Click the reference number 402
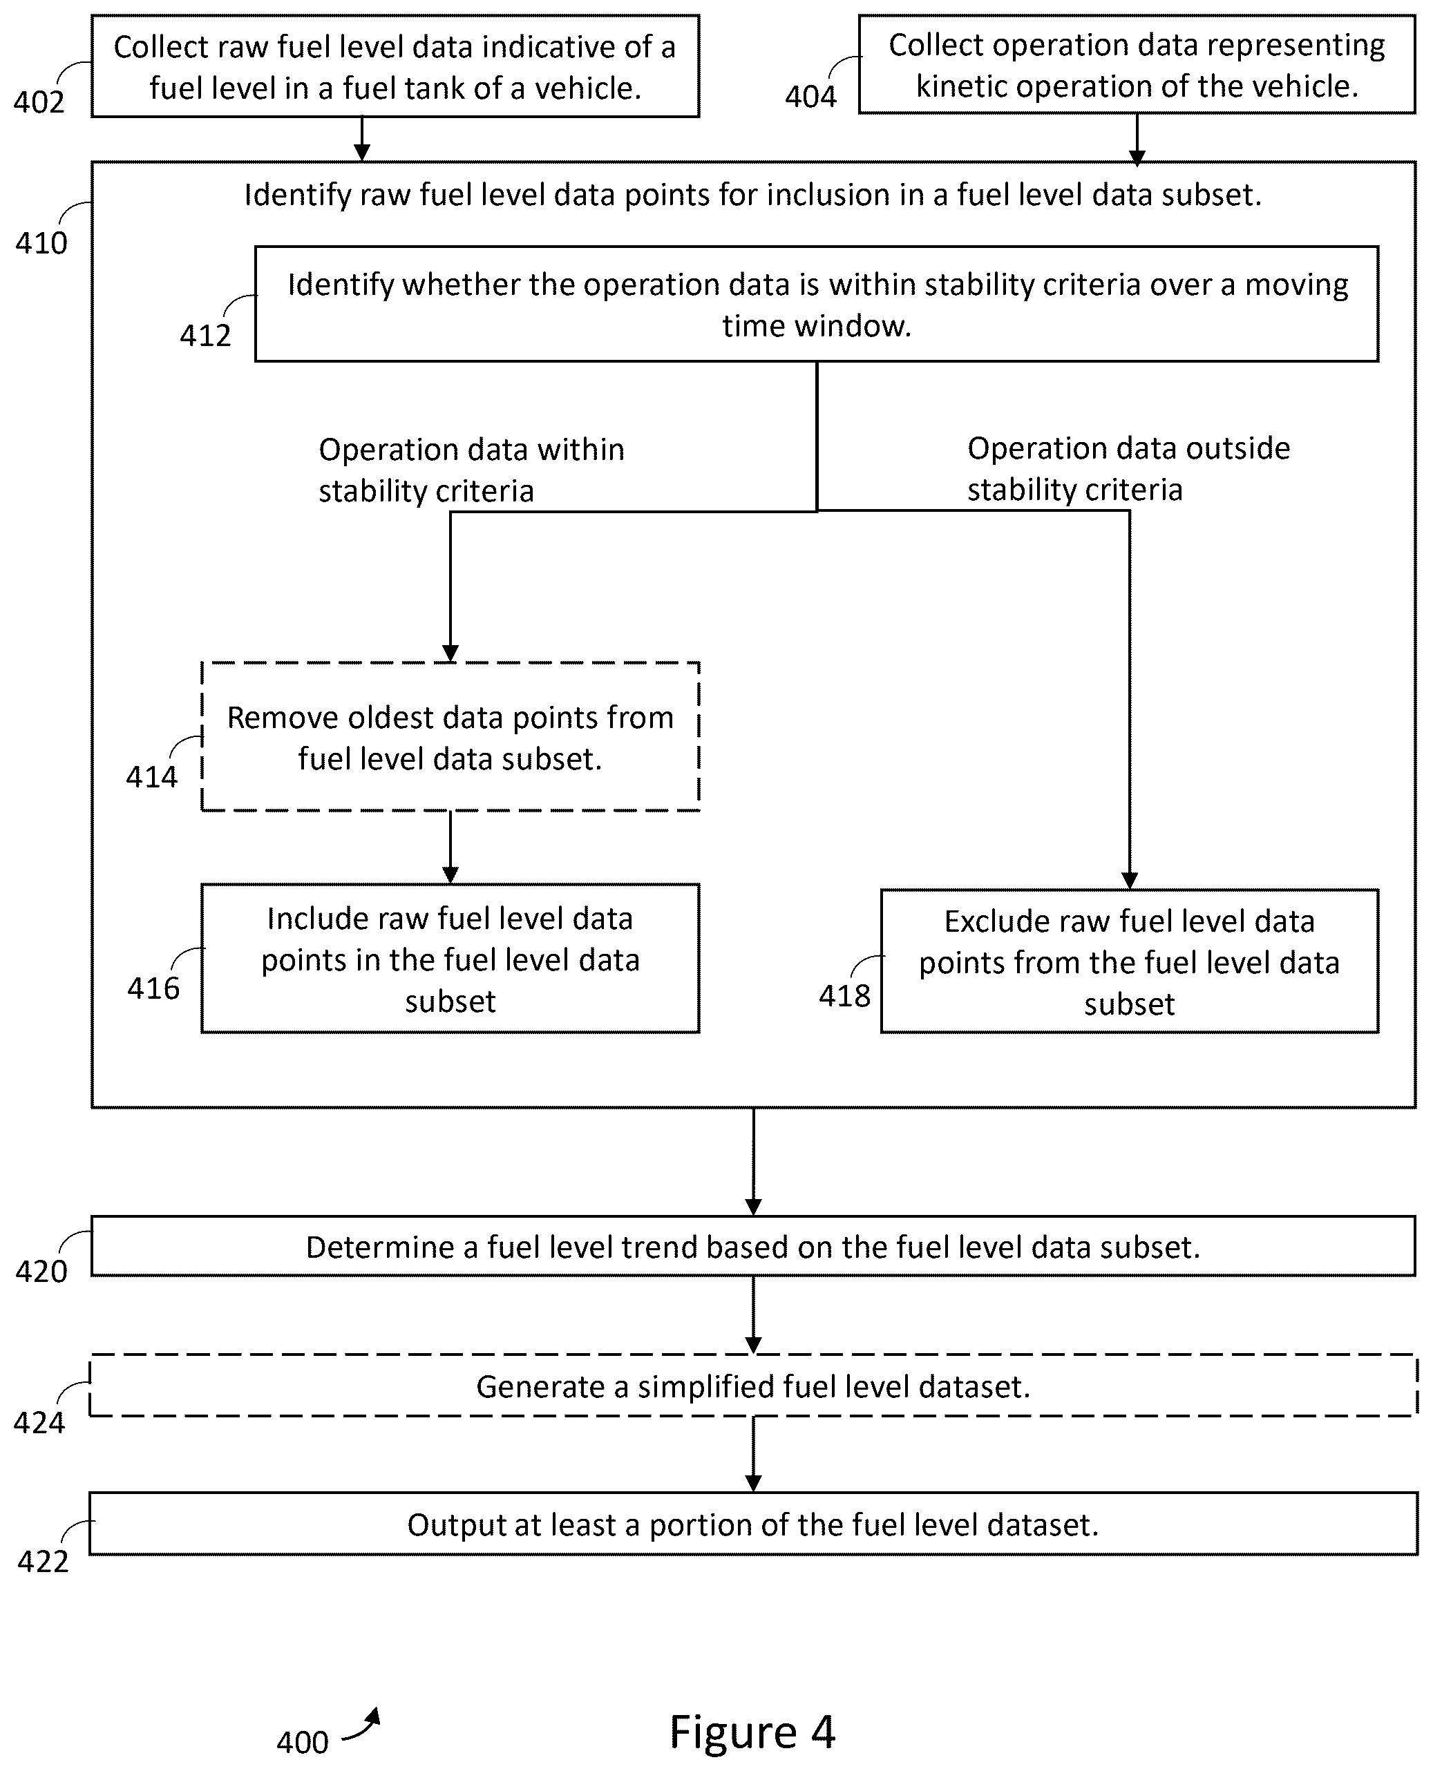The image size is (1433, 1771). click(x=39, y=102)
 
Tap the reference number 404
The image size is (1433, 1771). click(x=810, y=97)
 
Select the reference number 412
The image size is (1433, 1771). click(x=205, y=335)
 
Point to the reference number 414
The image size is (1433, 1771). click(x=152, y=776)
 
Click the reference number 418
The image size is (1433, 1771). click(x=844, y=995)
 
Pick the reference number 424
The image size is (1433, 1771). click(x=39, y=1422)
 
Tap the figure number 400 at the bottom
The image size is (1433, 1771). click(x=303, y=1742)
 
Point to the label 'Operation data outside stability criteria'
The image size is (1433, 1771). click(x=1128, y=469)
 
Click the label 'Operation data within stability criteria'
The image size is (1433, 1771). click(x=471, y=470)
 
